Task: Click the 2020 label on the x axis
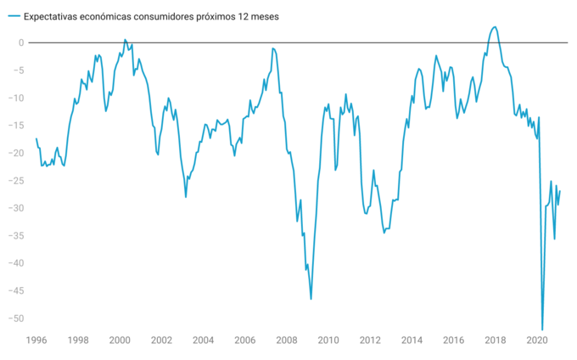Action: (x=536, y=340)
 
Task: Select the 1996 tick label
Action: (x=36, y=340)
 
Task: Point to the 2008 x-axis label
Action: (x=286, y=340)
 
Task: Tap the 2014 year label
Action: (x=412, y=340)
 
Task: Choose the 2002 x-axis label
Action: (x=161, y=340)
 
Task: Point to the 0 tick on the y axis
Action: (x=23, y=42)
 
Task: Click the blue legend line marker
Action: (x=13, y=16)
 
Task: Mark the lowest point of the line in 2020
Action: (x=542, y=329)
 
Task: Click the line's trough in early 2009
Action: (x=311, y=299)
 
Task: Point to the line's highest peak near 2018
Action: (x=495, y=27)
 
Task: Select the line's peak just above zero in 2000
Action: (x=125, y=39)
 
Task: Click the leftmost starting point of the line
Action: (x=36, y=138)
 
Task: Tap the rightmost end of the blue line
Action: (x=560, y=191)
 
